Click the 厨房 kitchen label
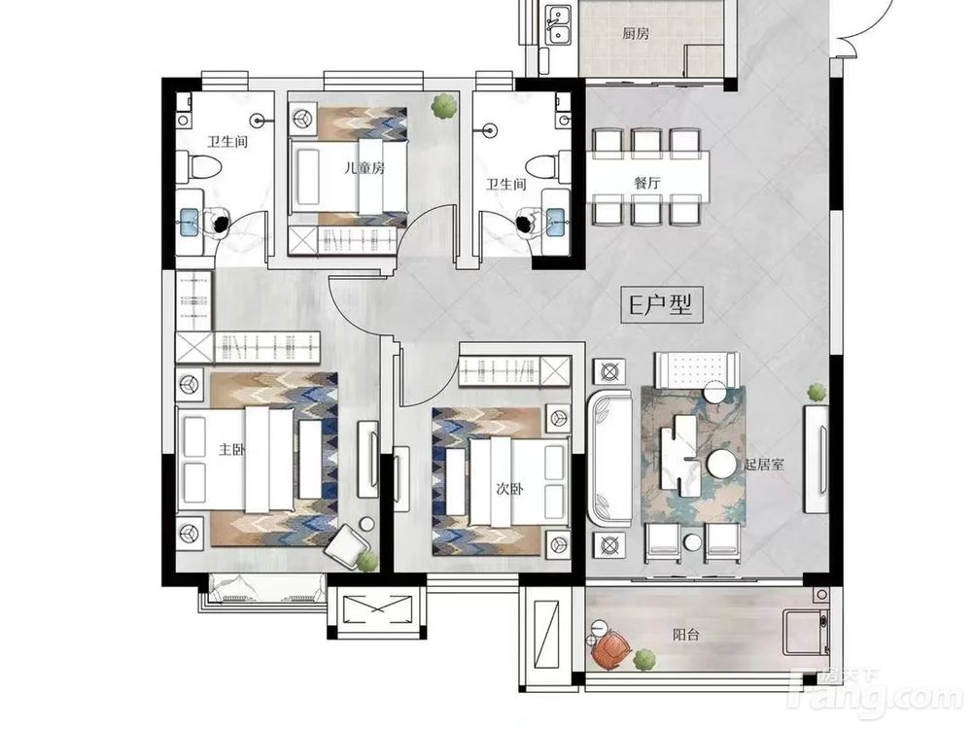[636, 33]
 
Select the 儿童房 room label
[364, 167]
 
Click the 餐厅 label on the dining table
[647, 183]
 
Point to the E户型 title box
[662, 304]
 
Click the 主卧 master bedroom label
[232, 449]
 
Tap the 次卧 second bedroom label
[509, 489]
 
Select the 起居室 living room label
[764, 464]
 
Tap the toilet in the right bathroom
[548, 166]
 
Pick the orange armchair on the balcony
[610, 650]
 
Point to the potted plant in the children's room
[444, 105]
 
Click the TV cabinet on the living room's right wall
[816, 459]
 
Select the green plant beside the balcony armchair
[644, 660]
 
